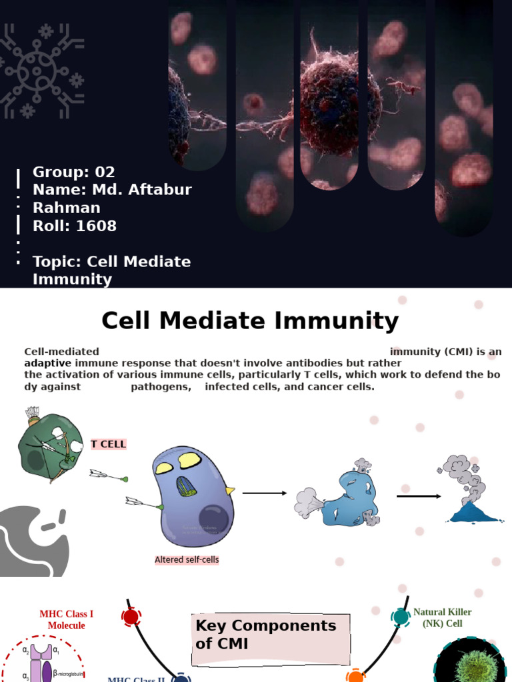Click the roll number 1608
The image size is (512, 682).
tap(96, 226)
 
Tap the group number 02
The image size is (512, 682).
tap(104, 172)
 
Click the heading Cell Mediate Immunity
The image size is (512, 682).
tap(249, 321)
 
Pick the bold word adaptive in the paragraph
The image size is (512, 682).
tap(48, 363)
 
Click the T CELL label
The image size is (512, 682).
tap(109, 444)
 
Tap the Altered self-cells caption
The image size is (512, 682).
tap(187, 560)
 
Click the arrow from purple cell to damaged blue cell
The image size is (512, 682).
tap(264, 493)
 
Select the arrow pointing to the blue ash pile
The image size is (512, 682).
tap(419, 496)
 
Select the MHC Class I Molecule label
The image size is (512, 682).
tap(66, 619)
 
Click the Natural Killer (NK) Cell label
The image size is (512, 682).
tap(442, 617)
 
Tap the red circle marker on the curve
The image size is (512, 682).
tap(131, 617)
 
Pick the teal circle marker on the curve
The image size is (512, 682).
tap(401, 617)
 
